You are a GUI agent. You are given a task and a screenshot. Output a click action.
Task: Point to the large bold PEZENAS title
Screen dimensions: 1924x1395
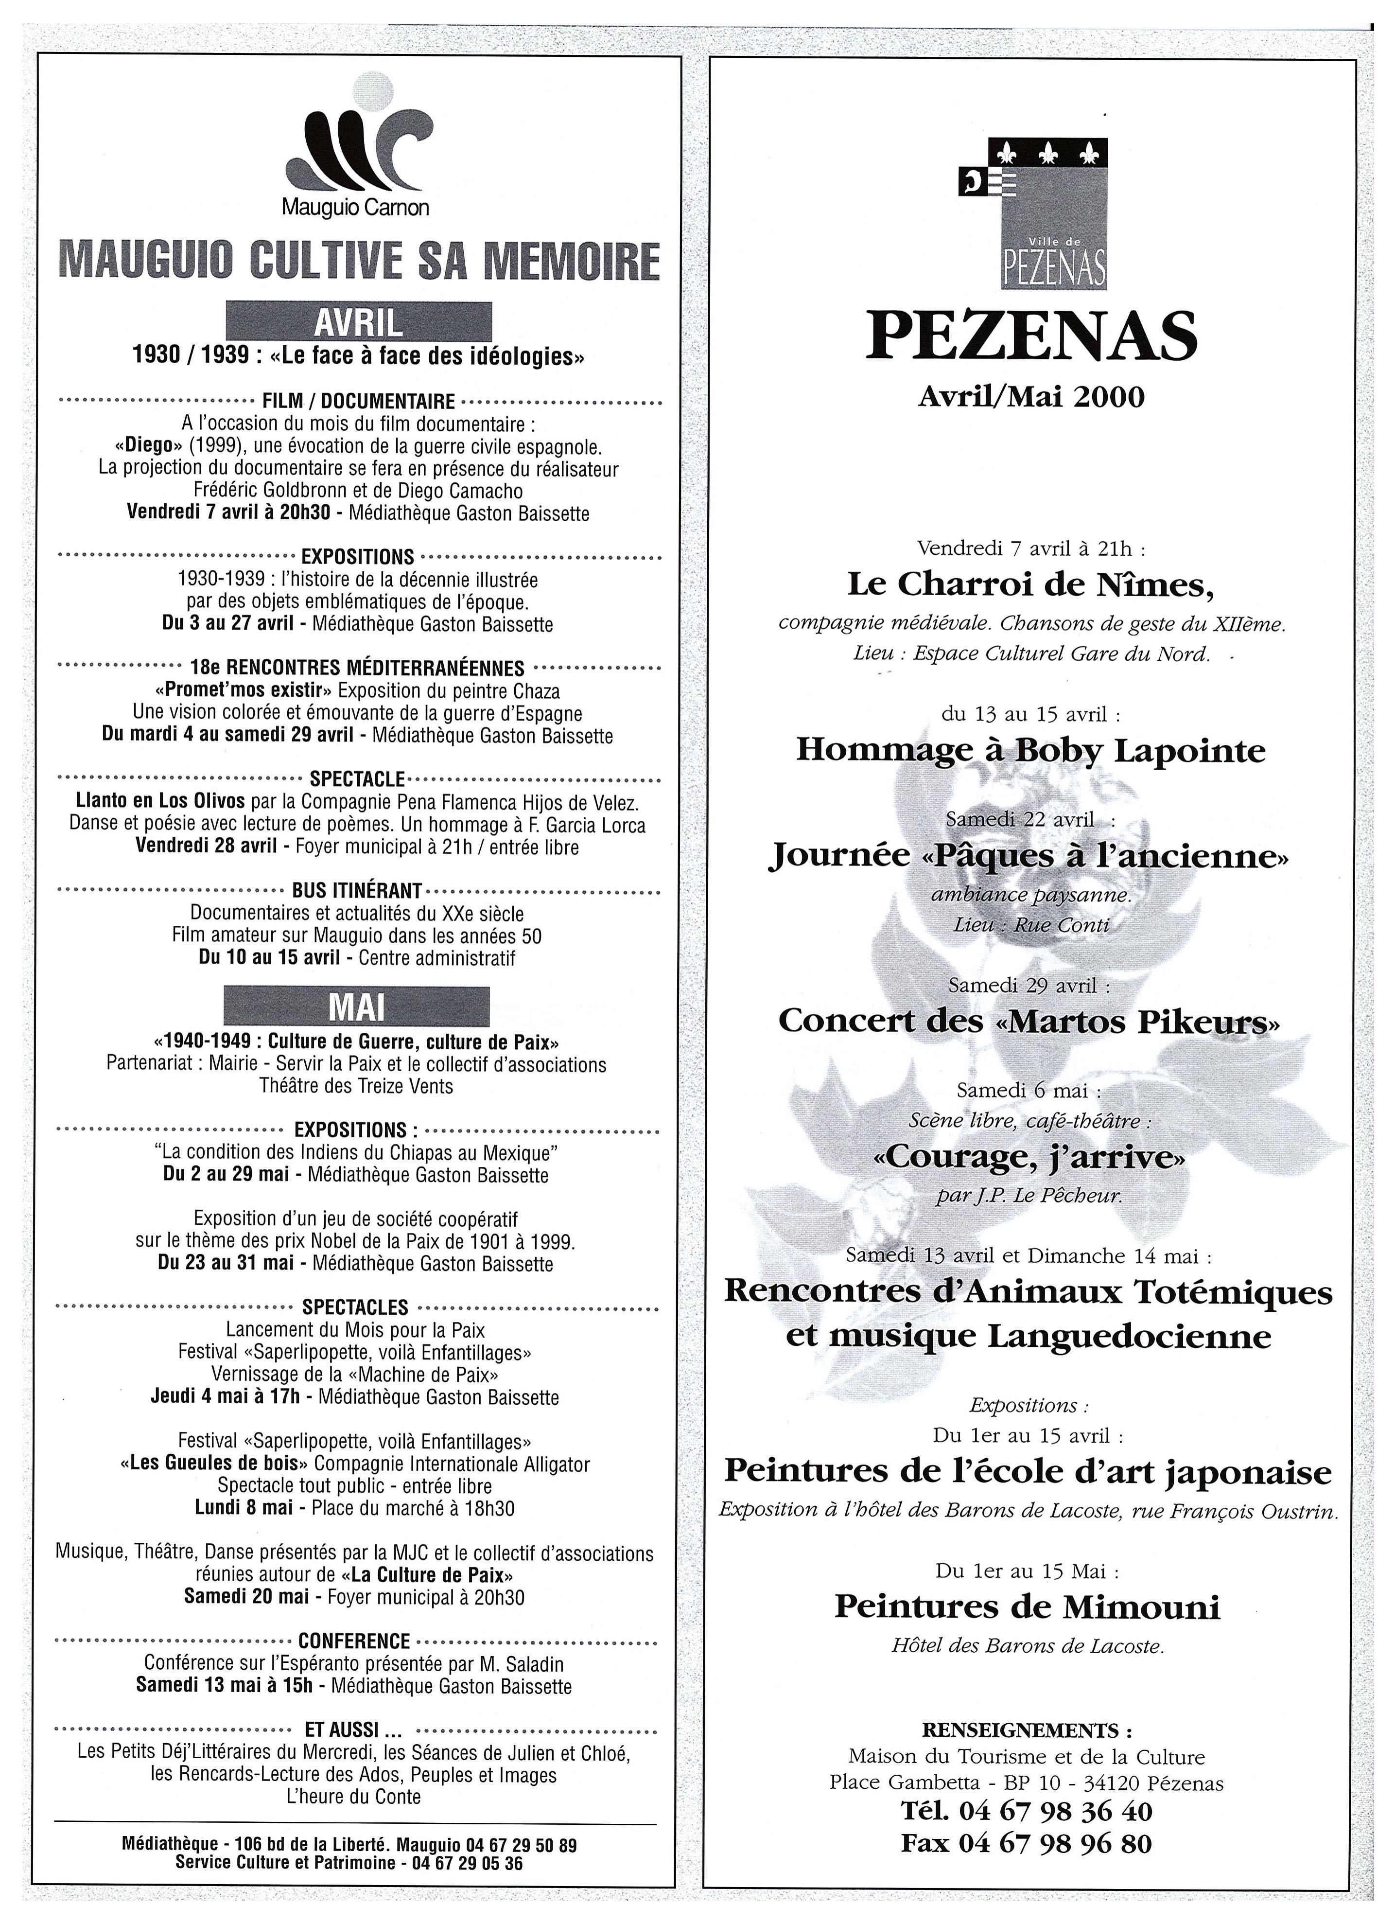[x=1031, y=337]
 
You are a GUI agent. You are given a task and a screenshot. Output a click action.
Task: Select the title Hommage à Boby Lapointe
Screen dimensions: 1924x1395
[x=1030, y=750]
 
